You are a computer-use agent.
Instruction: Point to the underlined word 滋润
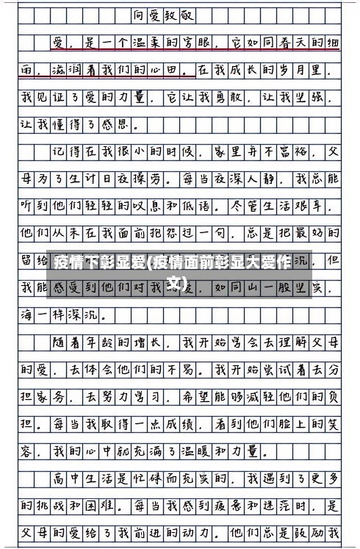point(60,70)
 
